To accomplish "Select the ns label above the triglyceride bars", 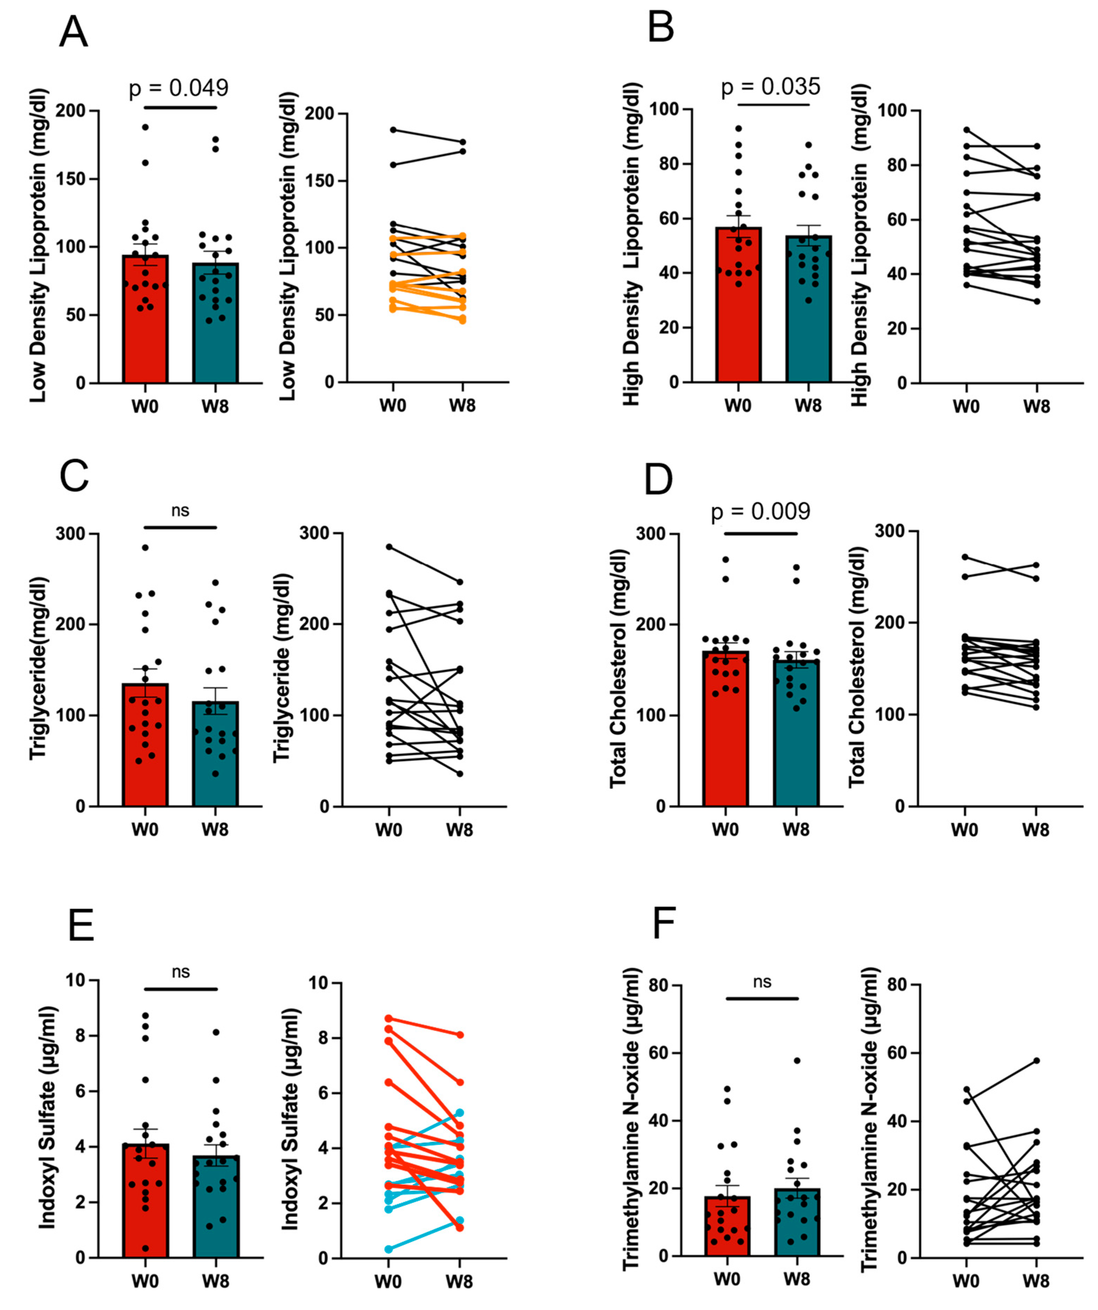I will point(180,511).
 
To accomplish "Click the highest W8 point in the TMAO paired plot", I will point(1036,1060).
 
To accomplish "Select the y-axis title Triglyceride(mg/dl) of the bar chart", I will point(39,668).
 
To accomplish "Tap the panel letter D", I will point(658,480).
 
